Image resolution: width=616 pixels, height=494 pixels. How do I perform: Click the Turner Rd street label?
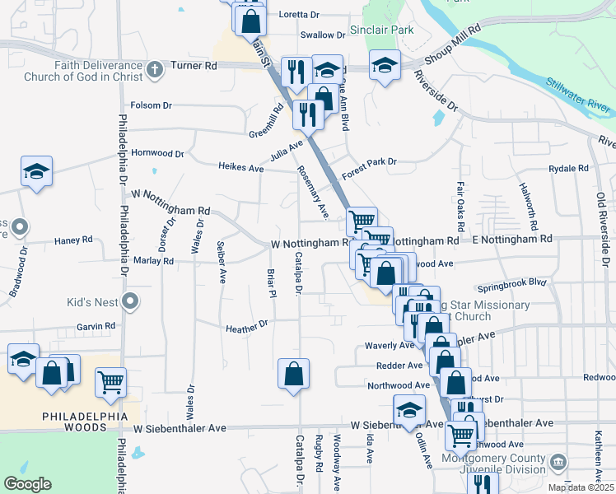point(199,65)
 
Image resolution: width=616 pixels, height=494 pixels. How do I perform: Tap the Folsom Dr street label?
point(151,105)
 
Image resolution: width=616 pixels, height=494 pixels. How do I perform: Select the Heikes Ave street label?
point(240,167)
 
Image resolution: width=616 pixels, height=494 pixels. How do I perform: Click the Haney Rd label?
point(73,240)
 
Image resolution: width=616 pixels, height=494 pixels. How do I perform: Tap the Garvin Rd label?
point(96,326)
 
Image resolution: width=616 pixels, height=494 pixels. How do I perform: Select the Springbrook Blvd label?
point(511,290)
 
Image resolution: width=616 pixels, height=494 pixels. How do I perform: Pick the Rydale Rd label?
point(569,168)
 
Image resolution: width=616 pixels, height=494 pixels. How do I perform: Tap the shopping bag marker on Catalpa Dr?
point(293,375)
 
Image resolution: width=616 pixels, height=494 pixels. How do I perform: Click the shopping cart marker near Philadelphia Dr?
point(110,381)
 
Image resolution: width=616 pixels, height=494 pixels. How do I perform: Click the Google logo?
point(28,483)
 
